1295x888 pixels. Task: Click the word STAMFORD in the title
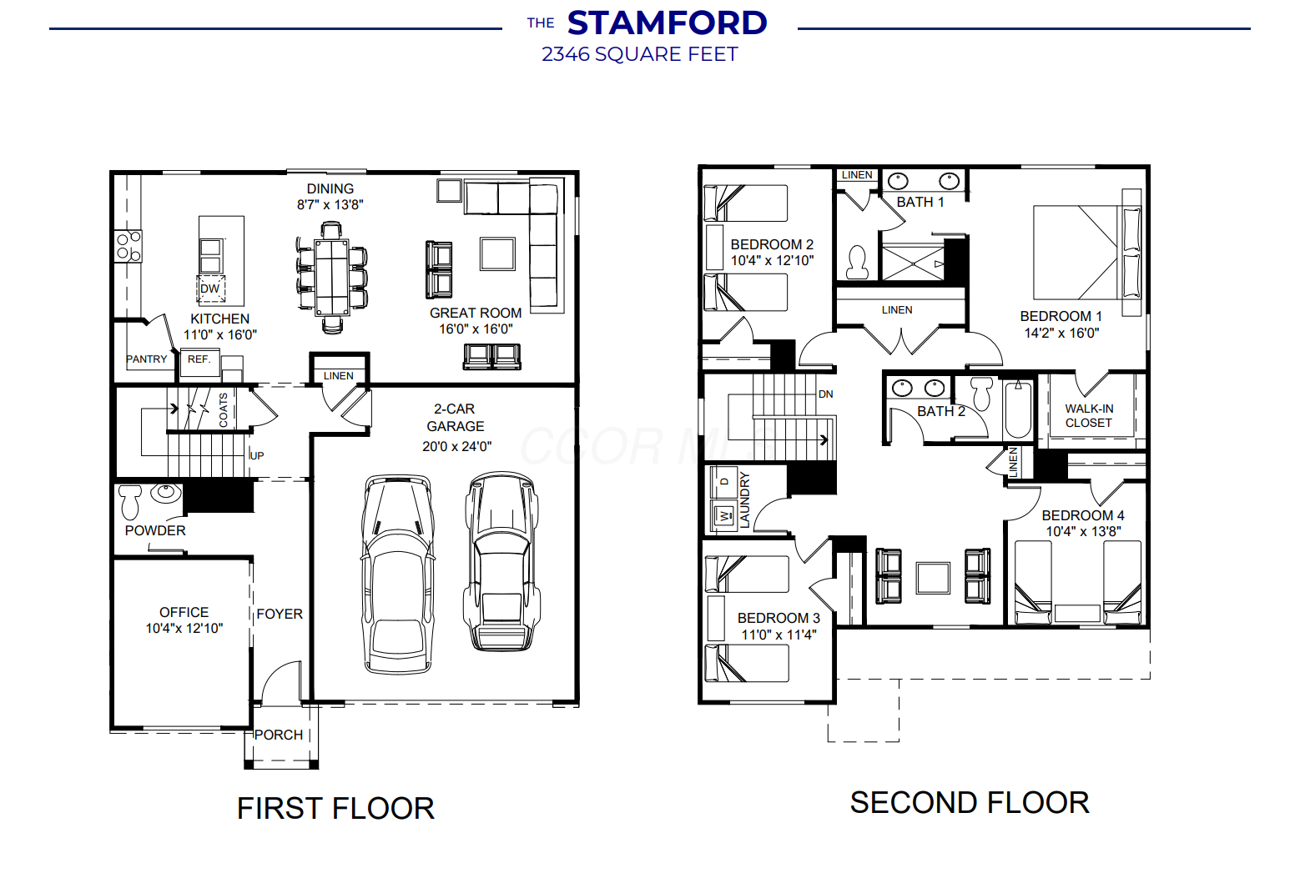click(x=668, y=23)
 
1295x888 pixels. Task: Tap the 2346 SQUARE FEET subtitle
click(x=639, y=54)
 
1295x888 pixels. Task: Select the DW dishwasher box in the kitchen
click(x=210, y=288)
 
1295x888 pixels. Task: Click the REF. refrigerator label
click(x=199, y=359)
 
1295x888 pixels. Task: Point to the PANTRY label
click(x=146, y=359)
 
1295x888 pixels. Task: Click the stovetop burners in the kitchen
click(x=128, y=246)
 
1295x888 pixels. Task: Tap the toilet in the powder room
click(x=130, y=501)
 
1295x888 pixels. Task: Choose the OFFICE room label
click(x=184, y=612)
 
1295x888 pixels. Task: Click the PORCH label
click(x=279, y=735)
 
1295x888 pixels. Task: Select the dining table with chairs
click(x=332, y=278)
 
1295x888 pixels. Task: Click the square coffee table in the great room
click(x=497, y=253)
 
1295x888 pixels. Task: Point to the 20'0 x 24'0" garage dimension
click(x=456, y=447)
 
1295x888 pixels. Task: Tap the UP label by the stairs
click(x=257, y=456)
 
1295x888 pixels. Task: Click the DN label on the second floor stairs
click(x=825, y=394)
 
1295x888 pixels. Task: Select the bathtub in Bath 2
click(x=1018, y=409)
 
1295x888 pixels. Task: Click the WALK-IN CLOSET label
click(x=1089, y=416)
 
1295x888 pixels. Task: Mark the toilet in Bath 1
click(x=857, y=263)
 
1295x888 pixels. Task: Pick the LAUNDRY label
click(x=744, y=500)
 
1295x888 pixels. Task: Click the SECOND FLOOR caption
click(x=970, y=803)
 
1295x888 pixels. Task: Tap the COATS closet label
click(x=223, y=409)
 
